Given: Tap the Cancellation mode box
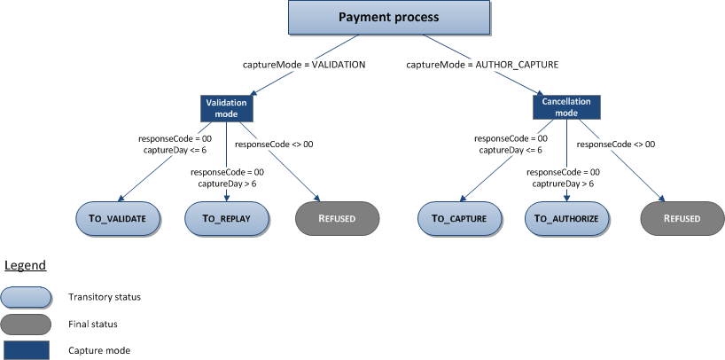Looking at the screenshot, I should click(x=566, y=107).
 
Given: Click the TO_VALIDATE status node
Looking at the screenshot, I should click(x=119, y=218).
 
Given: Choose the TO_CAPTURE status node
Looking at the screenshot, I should click(x=459, y=218).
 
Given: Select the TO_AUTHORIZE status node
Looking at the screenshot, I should click(x=567, y=218).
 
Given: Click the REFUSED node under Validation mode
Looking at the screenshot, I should click(x=337, y=218).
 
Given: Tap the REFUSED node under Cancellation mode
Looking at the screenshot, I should click(x=682, y=218).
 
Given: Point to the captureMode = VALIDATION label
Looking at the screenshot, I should click(x=304, y=65).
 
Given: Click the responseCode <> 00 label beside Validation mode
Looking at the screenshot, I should click(x=274, y=144).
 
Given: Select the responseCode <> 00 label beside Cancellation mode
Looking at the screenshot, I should click(x=616, y=144).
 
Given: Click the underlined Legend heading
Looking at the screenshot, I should click(x=25, y=265).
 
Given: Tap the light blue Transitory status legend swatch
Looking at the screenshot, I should click(x=25, y=296).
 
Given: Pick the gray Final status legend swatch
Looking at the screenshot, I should click(x=25, y=324).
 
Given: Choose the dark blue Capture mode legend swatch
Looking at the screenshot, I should click(x=25, y=349).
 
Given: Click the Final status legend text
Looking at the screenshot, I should click(x=92, y=324).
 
